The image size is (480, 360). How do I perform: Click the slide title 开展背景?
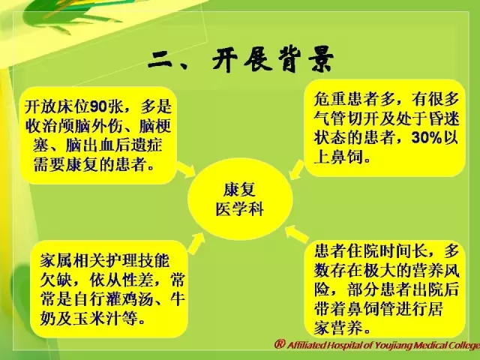point(273,59)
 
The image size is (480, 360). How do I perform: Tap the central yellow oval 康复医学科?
point(240,199)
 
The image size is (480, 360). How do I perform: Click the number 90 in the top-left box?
point(98,106)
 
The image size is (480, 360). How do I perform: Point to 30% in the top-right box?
point(426,138)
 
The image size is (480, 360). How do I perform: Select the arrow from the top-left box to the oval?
point(186,169)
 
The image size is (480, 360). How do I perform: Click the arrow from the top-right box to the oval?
point(297,170)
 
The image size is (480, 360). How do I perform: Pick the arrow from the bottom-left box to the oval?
point(196,243)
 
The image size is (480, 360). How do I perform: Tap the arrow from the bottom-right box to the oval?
point(297,234)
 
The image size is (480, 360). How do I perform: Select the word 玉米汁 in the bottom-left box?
point(97,319)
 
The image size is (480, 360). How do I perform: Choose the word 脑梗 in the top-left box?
point(155,126)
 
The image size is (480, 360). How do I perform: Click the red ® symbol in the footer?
point(280,343)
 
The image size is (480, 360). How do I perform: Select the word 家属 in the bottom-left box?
point(56,260)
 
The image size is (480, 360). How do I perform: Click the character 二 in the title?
point(160,60)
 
